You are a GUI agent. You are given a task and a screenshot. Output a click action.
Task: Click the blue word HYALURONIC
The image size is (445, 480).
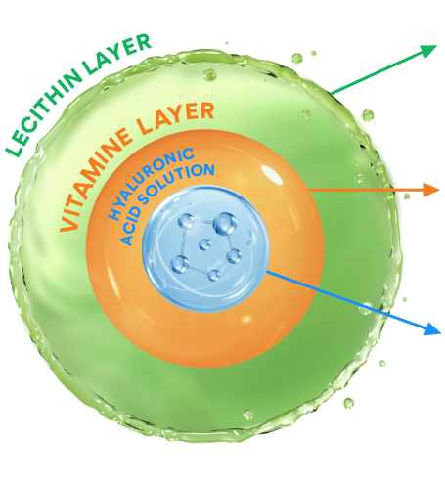(x=151, y=184)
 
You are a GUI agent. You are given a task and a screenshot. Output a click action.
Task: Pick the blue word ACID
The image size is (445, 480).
(x=130, y=228)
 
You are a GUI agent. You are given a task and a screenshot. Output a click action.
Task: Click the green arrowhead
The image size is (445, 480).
(x=427, y=51)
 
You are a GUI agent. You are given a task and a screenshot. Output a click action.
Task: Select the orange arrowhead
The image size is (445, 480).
(x=432, y=190)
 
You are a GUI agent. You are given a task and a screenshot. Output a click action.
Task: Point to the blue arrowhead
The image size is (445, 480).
(x=433, y=328)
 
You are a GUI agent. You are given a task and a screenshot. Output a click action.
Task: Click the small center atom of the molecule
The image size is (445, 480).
(x=204, y=244)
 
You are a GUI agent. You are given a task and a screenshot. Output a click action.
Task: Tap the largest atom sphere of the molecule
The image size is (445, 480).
(x=225, y=224)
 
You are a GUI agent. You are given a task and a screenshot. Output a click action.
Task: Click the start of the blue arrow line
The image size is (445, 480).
(x=267, y=271)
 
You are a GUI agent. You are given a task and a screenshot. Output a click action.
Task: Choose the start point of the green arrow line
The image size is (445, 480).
(x=331, y=94)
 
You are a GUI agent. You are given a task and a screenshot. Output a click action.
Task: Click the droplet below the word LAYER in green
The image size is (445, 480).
(x=209, y=75)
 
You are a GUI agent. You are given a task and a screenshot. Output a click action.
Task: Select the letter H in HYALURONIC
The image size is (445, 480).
(x=114, y=215)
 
